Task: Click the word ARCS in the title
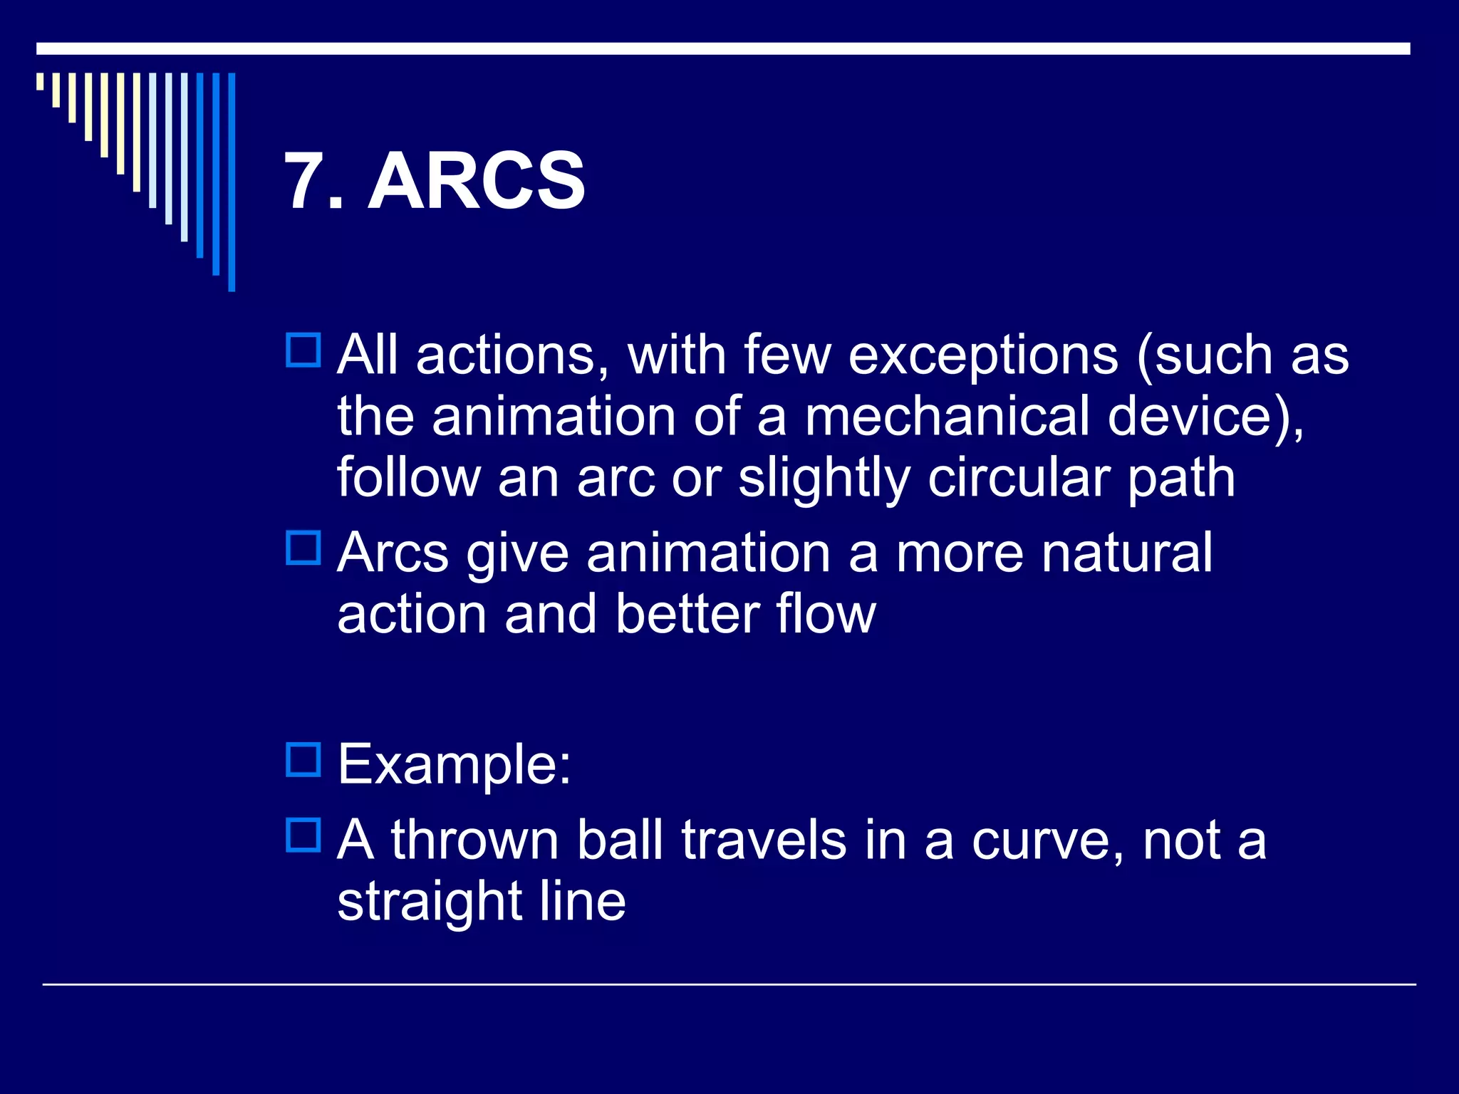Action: pos(476,182)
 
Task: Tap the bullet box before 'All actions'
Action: pos(303,350)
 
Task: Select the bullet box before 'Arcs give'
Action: pos(303,548)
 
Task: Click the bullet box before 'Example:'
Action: pos(303,759)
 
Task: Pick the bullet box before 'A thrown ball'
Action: pos(303,835)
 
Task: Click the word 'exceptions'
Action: pos(983,355)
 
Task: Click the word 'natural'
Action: pos(1126,553)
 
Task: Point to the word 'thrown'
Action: pos(474,840)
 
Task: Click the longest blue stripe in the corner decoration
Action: pos(232,182)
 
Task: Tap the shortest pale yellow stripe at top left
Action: pos(40,81)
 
